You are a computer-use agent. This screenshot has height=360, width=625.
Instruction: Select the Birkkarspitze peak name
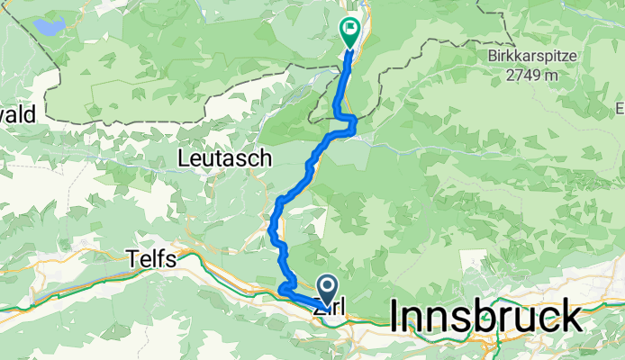click(567, 55)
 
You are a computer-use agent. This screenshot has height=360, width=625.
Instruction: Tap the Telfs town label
click(156, 258)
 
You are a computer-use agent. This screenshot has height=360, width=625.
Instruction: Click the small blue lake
click(50, 22)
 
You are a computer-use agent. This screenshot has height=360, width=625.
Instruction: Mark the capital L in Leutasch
click(186, 159)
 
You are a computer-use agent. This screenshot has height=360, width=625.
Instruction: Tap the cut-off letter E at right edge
click(620, 109)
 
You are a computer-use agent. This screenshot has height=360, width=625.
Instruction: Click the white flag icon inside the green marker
click(349, 30)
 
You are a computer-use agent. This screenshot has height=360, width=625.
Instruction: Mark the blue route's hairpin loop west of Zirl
click(283, 288)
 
